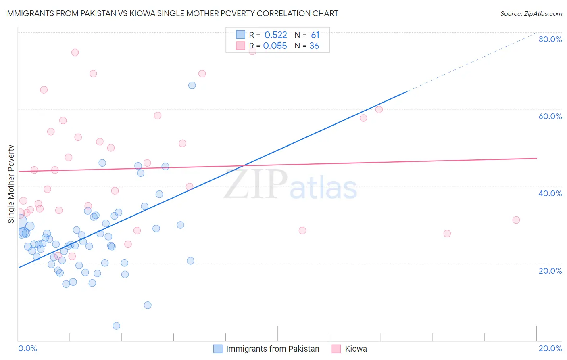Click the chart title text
(172, 13)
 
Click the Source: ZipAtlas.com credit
(531, 13)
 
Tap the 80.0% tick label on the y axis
(550, 39)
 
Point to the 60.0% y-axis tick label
(550, 116)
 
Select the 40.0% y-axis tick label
(550, 193)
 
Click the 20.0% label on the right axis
(550, 271)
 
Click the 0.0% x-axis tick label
(27, 348)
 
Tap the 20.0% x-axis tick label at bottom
(550, 348)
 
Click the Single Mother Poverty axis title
(11, 184)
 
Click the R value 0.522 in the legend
(275, 35)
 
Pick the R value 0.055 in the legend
(275, 46)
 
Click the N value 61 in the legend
(315, 35)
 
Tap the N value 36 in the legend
(314, 46)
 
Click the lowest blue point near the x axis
(117, 326)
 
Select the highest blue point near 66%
(192, 85)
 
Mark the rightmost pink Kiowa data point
(516, 220)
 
